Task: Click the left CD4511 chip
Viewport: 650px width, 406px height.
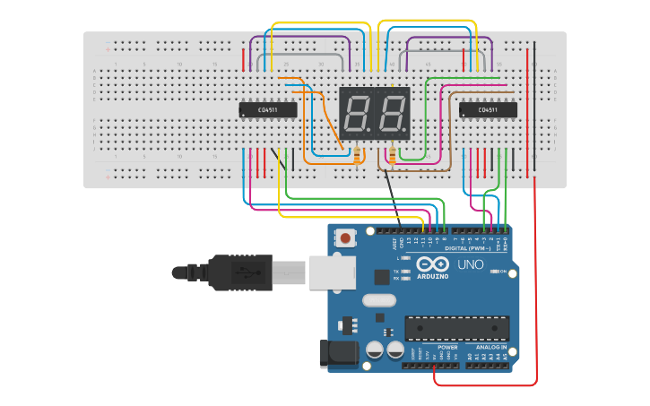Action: tap(268, 110)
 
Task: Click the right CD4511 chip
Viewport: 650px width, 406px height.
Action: tap(488, 110)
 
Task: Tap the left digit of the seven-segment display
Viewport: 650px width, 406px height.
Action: tap(357, 114)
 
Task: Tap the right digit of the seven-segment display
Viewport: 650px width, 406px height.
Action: tap(393, 114)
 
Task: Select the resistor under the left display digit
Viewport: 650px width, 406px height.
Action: tap(359, 157)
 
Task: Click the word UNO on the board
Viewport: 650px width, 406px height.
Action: tap(470, 264)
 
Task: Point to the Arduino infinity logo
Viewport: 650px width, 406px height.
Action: tap(432, 265)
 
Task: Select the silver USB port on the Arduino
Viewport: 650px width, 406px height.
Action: tap(332, 272)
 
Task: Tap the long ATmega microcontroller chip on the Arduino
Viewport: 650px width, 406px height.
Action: tap(456, 328)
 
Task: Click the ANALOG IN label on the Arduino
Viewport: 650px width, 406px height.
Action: tap(490, 347)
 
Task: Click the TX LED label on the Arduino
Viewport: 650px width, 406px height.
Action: tap(397, 271)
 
